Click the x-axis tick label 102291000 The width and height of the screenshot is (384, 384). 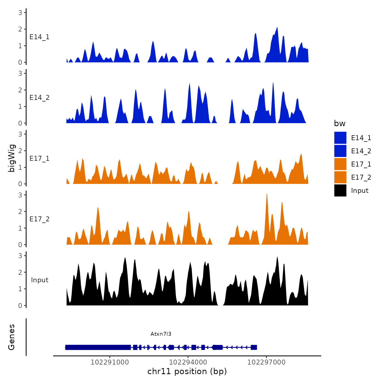[x=110, y=362]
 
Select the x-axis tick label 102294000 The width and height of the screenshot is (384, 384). [x=188, y=362]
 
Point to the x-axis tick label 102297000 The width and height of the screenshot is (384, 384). [x=266, y=362]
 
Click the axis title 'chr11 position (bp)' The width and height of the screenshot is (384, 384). [x=187, y=371]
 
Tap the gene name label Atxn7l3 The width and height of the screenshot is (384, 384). [x=161, y=334]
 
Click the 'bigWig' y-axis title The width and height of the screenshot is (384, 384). [x=12, y=158]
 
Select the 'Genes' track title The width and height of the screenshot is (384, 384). [x=12, y=337]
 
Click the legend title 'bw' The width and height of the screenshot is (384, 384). [x=340, y=124]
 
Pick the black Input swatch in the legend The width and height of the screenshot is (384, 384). [x=340, y=190]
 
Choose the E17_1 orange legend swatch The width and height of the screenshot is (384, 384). [x=340, y=164]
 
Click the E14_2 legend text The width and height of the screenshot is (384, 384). [x=361, y=151]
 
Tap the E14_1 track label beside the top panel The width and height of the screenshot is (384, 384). [x=39, y=37]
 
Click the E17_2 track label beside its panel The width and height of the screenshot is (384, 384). [x=39, y=219]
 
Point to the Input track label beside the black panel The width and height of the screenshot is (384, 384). [x=39, y=280]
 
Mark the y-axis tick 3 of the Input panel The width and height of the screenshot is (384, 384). [x=20, y=256]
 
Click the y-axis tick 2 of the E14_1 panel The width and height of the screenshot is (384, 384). [x=20, y=29]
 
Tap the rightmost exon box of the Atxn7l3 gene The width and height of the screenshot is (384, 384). [x=254, y=348]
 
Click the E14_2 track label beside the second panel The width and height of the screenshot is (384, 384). [x=39, y=98]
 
